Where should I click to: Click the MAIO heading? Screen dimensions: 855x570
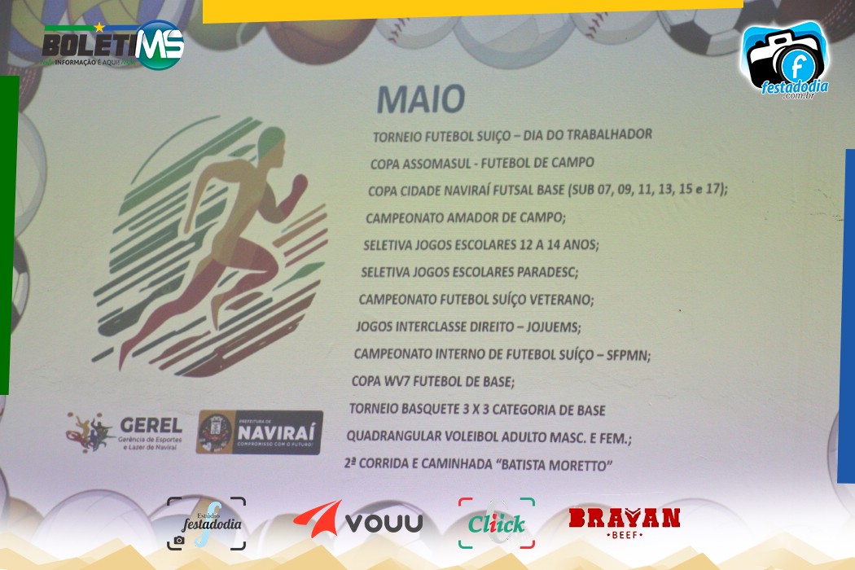click(421, 99)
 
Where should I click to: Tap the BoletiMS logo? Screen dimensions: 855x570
click(113, 46)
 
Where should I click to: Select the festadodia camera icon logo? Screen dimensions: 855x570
click(786, 60)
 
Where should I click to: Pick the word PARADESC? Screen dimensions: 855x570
click(547, 272)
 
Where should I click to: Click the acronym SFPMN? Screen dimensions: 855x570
click(629, 356)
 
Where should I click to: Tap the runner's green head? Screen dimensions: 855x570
click(271, 141)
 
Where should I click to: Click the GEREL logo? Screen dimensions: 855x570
click(125, 432)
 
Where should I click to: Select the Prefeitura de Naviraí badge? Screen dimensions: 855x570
click(260, 432)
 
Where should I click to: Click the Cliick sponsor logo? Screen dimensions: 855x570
click(497, 523)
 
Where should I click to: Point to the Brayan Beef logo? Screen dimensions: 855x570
click(625, 523)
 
